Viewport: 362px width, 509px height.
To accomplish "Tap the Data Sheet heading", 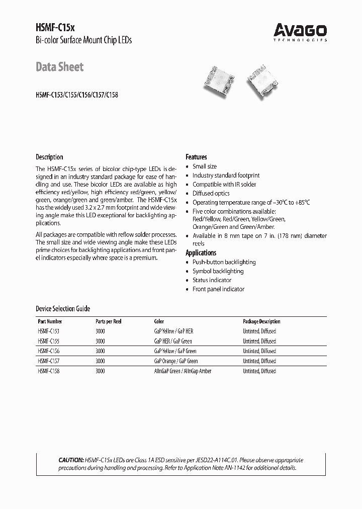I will pyautogui.click(x=59, y=67).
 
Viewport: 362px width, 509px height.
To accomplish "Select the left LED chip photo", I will pyautogui.click(x=219, y=77).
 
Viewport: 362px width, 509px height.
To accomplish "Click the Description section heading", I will pyautogui.click(x=49, y=157).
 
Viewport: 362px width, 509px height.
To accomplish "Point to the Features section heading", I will pyautogui.click(x=196, y=157).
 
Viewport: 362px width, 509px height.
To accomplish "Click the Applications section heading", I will pyautogui.click(x=201, y=253).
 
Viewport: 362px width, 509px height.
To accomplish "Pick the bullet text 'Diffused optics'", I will pyautogui.click(x=211, y=194).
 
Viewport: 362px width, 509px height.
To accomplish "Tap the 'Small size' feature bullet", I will pyautogui.click(x=205, y=166).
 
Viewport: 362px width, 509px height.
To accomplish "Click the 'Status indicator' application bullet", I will pyautogui.click(x=212, y=280).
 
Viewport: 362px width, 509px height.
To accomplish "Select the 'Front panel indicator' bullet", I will pyautogui.click(x=218, y=289).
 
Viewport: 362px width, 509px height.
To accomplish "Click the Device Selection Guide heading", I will pyautogui.click(x=63, y=309).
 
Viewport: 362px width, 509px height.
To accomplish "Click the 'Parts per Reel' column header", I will pyautogui.click(x=108, y=321).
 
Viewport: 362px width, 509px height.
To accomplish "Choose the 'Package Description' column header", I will pyautogui.click(x=261, y=321).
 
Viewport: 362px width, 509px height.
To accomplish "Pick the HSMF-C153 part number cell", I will pyautogui.click(x=49, y=331).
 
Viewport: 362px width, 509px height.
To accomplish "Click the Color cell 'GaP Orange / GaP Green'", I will pyautogui.click(x=175, y=361).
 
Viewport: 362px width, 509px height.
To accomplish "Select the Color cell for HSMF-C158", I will pyautogui.click(x=182, y=371).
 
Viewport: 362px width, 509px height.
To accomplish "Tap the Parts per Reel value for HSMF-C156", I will pyautogui.click(x=100, y=351).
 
